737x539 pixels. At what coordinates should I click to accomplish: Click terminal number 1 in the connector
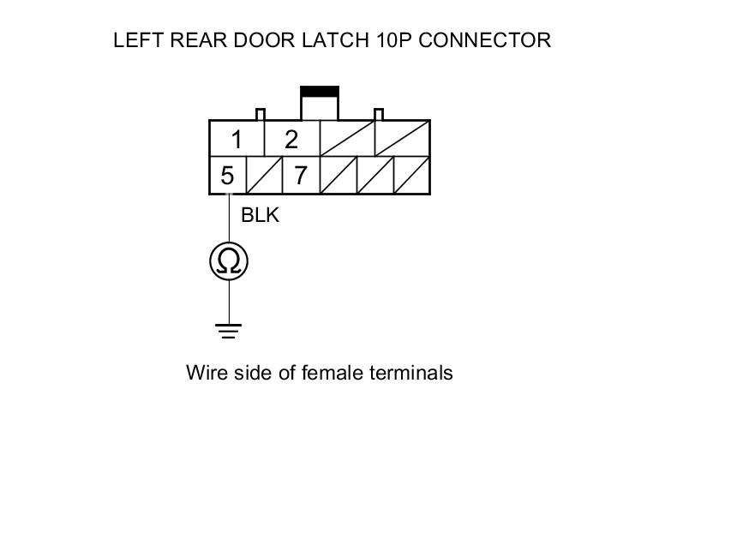[237, 140]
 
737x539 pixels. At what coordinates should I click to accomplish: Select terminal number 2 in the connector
[291, 140]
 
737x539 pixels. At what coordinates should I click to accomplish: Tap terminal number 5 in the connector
[227, 176]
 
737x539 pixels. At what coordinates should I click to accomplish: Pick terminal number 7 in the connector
[300, 176]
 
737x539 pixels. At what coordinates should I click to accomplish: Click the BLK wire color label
[260, 215]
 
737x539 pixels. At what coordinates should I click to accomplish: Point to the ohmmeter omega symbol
[229, 261]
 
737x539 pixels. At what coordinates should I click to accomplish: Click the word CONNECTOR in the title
[485, 40]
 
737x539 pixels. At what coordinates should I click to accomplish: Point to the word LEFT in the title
[134, 40]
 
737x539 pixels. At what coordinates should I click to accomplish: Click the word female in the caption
[332, 373]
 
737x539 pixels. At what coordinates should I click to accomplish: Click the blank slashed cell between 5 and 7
[264, 176]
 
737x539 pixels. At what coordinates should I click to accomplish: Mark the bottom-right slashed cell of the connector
[411, 176]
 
